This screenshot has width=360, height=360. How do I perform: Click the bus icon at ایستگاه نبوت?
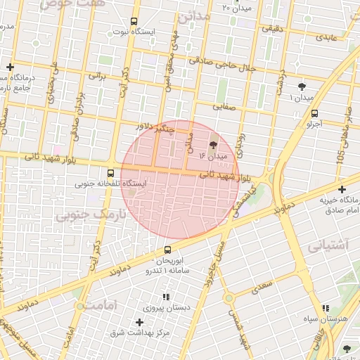[x=134, y=22]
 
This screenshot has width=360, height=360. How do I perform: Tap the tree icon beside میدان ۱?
[x=302, y=86]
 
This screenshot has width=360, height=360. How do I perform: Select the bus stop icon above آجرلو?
[x=314, y=112]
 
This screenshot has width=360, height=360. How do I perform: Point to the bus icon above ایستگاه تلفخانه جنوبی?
[x=110, y=173]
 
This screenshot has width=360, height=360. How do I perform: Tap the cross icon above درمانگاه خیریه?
[x=342, y=189]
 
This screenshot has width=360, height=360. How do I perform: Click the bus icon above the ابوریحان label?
[x=167, y=250]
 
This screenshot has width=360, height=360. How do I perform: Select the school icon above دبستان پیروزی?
[x=167, y=297]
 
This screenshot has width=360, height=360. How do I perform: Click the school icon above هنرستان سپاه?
[x=325, y=308]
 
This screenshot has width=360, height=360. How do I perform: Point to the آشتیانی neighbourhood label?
[x=327, y=245]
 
